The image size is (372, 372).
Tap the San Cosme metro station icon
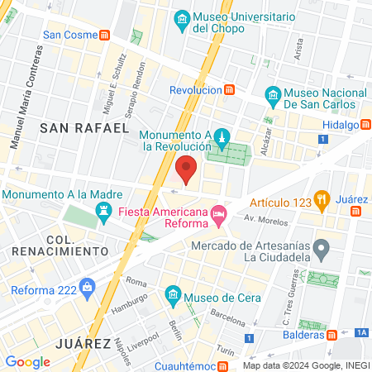[104, 35]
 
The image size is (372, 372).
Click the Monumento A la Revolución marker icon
[221, 136]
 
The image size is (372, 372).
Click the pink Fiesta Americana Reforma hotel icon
[219, 214]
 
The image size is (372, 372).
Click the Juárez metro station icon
[356, 211]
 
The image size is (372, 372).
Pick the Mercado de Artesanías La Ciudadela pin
[324, 247]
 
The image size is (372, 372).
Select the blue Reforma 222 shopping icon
[88, 289]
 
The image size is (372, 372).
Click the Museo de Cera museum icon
[173, 293]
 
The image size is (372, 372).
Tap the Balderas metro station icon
[331, 335]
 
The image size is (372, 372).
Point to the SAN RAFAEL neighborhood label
[84, 128]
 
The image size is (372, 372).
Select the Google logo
[27, 361]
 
